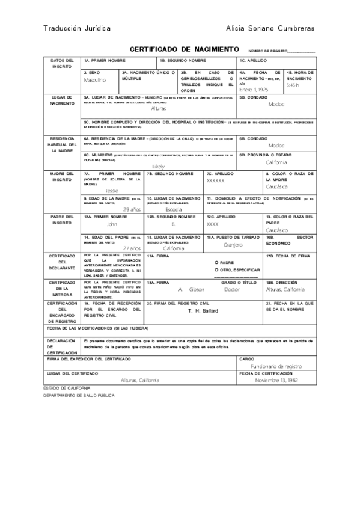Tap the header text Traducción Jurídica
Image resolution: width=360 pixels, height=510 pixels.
coord(76,28)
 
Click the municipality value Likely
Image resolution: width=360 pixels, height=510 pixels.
coord(158,166)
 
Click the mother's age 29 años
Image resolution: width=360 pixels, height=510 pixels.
coord(131,209)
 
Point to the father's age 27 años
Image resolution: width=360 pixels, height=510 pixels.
coord(131,248)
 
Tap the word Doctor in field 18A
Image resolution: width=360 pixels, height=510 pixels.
coord(231,289)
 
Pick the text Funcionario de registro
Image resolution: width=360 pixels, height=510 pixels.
coord(276,366)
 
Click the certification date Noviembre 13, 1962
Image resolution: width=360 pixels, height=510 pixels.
coord(276,380)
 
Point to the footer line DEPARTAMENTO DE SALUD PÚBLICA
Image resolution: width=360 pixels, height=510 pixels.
coord(79,395)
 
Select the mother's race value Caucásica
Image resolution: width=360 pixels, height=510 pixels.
coord(277,186)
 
